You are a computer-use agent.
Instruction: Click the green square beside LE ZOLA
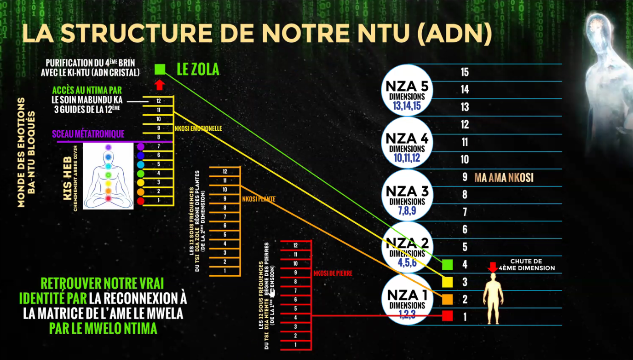(x=160, y=69)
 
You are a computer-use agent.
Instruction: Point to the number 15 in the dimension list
(x=465, y=72)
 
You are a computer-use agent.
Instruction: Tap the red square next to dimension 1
(x=447, y=316)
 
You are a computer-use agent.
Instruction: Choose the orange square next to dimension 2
(x=447, y=299)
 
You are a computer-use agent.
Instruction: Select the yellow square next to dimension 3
(x=447, y=281)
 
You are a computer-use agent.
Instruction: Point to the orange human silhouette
(x=493, y=297)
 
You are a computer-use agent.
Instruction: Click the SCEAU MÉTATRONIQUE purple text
(x=88, y=134)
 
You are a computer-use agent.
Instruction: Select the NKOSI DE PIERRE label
(x=333, y=273)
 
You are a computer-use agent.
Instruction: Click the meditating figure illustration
(x=109, y=176)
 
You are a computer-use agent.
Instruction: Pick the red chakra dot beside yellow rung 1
(x=141, y=201)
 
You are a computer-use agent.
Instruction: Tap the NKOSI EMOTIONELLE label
(x=198, y=129)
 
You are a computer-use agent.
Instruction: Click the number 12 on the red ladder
(x=295, y=245)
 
